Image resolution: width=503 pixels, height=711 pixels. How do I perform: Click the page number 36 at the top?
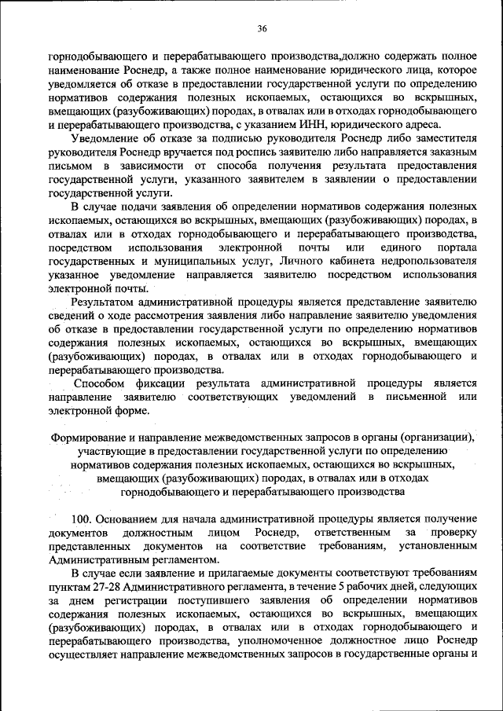[263, 28]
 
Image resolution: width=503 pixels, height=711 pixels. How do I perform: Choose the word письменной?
[415, 398]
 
